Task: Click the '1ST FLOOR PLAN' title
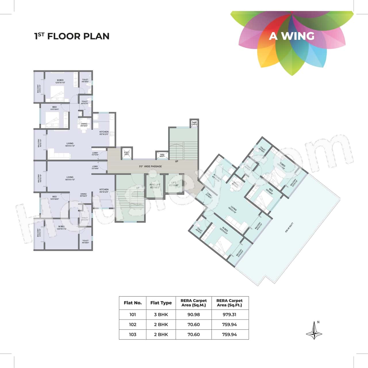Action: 72,36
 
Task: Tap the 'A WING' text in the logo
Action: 292,36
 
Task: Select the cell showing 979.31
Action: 230,315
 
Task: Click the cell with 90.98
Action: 193,315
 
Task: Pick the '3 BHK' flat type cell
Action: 161,315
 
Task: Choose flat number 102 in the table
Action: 133,325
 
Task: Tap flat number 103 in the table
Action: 133,335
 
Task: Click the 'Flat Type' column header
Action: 161,303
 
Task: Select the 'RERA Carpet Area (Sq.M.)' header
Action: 193,303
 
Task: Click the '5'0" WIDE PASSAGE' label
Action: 150,166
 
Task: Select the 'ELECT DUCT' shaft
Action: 127,154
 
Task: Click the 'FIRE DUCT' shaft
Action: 162,156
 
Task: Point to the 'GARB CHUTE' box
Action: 194,123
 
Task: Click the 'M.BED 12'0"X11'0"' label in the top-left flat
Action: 60,81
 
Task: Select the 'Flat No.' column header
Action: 133,303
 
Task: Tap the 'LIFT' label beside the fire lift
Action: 174,184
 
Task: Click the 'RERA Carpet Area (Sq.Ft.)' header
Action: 230,303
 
